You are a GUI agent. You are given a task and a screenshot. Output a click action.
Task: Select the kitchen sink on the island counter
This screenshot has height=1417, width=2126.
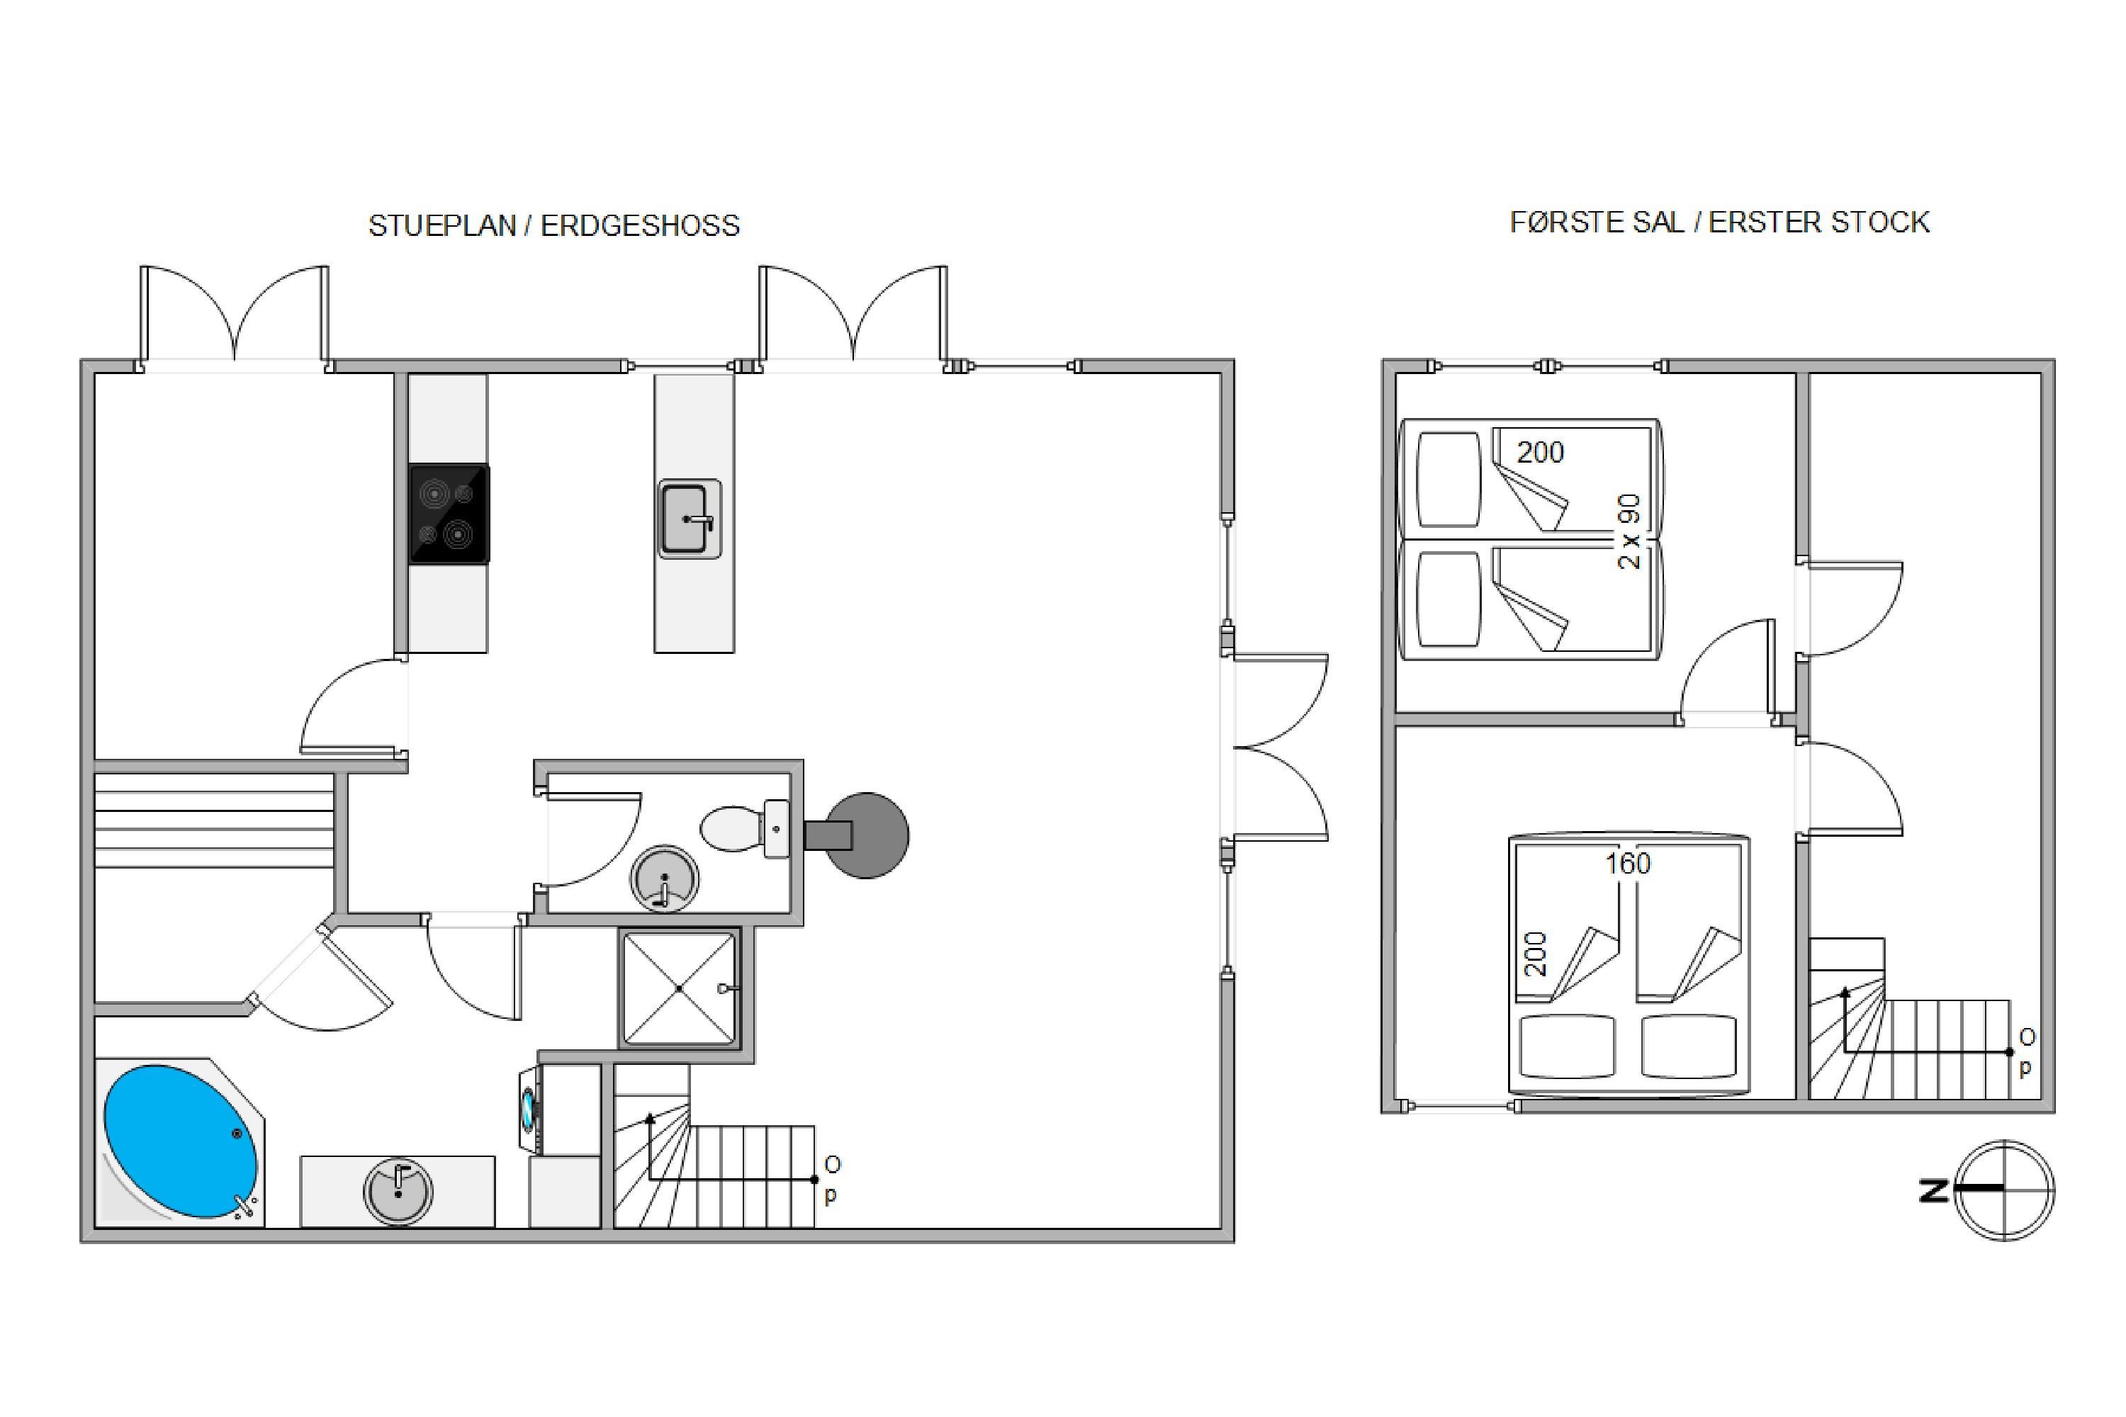point(690,519)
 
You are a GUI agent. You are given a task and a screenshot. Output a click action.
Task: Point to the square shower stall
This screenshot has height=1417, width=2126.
point(680,988)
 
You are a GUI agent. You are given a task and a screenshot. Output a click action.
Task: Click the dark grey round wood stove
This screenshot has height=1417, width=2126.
point(865,835)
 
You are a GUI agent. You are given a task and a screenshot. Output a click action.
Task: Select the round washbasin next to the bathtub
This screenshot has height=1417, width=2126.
point(398,1192)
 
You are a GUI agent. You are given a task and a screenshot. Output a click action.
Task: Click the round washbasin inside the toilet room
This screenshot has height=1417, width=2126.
point(665,879)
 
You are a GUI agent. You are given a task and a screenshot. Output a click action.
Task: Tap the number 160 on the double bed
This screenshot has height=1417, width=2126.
point(1627,864)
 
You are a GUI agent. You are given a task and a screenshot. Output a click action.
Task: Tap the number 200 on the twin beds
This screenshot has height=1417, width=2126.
point(1539,452)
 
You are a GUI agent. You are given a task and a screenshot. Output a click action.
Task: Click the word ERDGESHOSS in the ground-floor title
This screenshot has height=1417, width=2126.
point(640,226)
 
